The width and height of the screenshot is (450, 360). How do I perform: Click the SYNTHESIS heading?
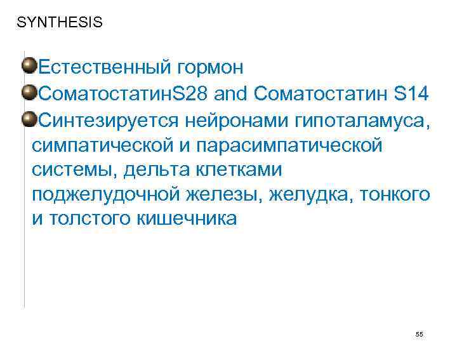coord(59,23)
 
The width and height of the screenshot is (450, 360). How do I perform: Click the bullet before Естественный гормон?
coord(29,65)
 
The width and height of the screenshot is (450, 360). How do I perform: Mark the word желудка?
coord(307,196)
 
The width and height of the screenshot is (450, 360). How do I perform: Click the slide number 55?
coord(419,334)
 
